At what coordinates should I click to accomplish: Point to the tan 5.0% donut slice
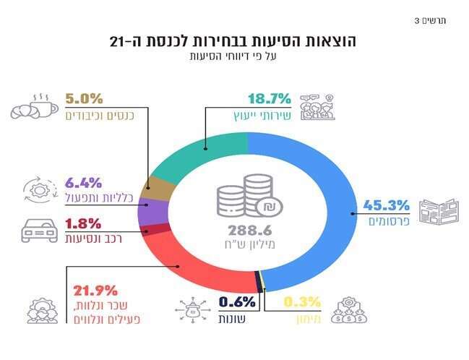tap(159, 187)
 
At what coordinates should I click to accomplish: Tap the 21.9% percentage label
tap(95, 291)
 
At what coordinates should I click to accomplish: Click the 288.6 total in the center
tap(249, 231)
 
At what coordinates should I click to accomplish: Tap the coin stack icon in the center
tap(249, 197)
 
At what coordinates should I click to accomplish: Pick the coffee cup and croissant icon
tap(33, 106)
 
